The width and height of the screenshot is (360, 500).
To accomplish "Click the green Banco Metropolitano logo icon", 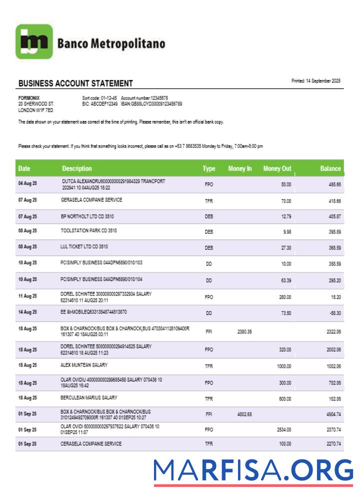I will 34,41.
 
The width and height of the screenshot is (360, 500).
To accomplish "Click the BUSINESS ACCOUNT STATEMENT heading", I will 75,83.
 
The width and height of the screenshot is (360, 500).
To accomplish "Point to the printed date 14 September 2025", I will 316,81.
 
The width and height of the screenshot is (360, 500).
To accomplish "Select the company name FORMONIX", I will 29,98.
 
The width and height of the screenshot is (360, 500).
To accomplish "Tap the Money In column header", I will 240,168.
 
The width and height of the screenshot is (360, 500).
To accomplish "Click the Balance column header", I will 330,168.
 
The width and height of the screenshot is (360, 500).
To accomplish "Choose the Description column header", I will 77,168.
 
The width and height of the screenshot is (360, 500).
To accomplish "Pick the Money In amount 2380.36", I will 244,331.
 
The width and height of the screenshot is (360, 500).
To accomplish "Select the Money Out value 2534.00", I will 283,429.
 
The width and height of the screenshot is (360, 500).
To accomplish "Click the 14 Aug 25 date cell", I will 27,312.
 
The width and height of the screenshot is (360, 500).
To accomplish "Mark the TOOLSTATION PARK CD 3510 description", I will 88,231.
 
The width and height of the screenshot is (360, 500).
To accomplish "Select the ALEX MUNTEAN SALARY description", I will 84,365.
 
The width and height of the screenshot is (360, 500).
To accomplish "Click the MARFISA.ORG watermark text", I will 253,471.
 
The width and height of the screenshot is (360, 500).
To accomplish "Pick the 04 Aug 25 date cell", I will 27,184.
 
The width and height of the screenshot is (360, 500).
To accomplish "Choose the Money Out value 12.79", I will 285,216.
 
